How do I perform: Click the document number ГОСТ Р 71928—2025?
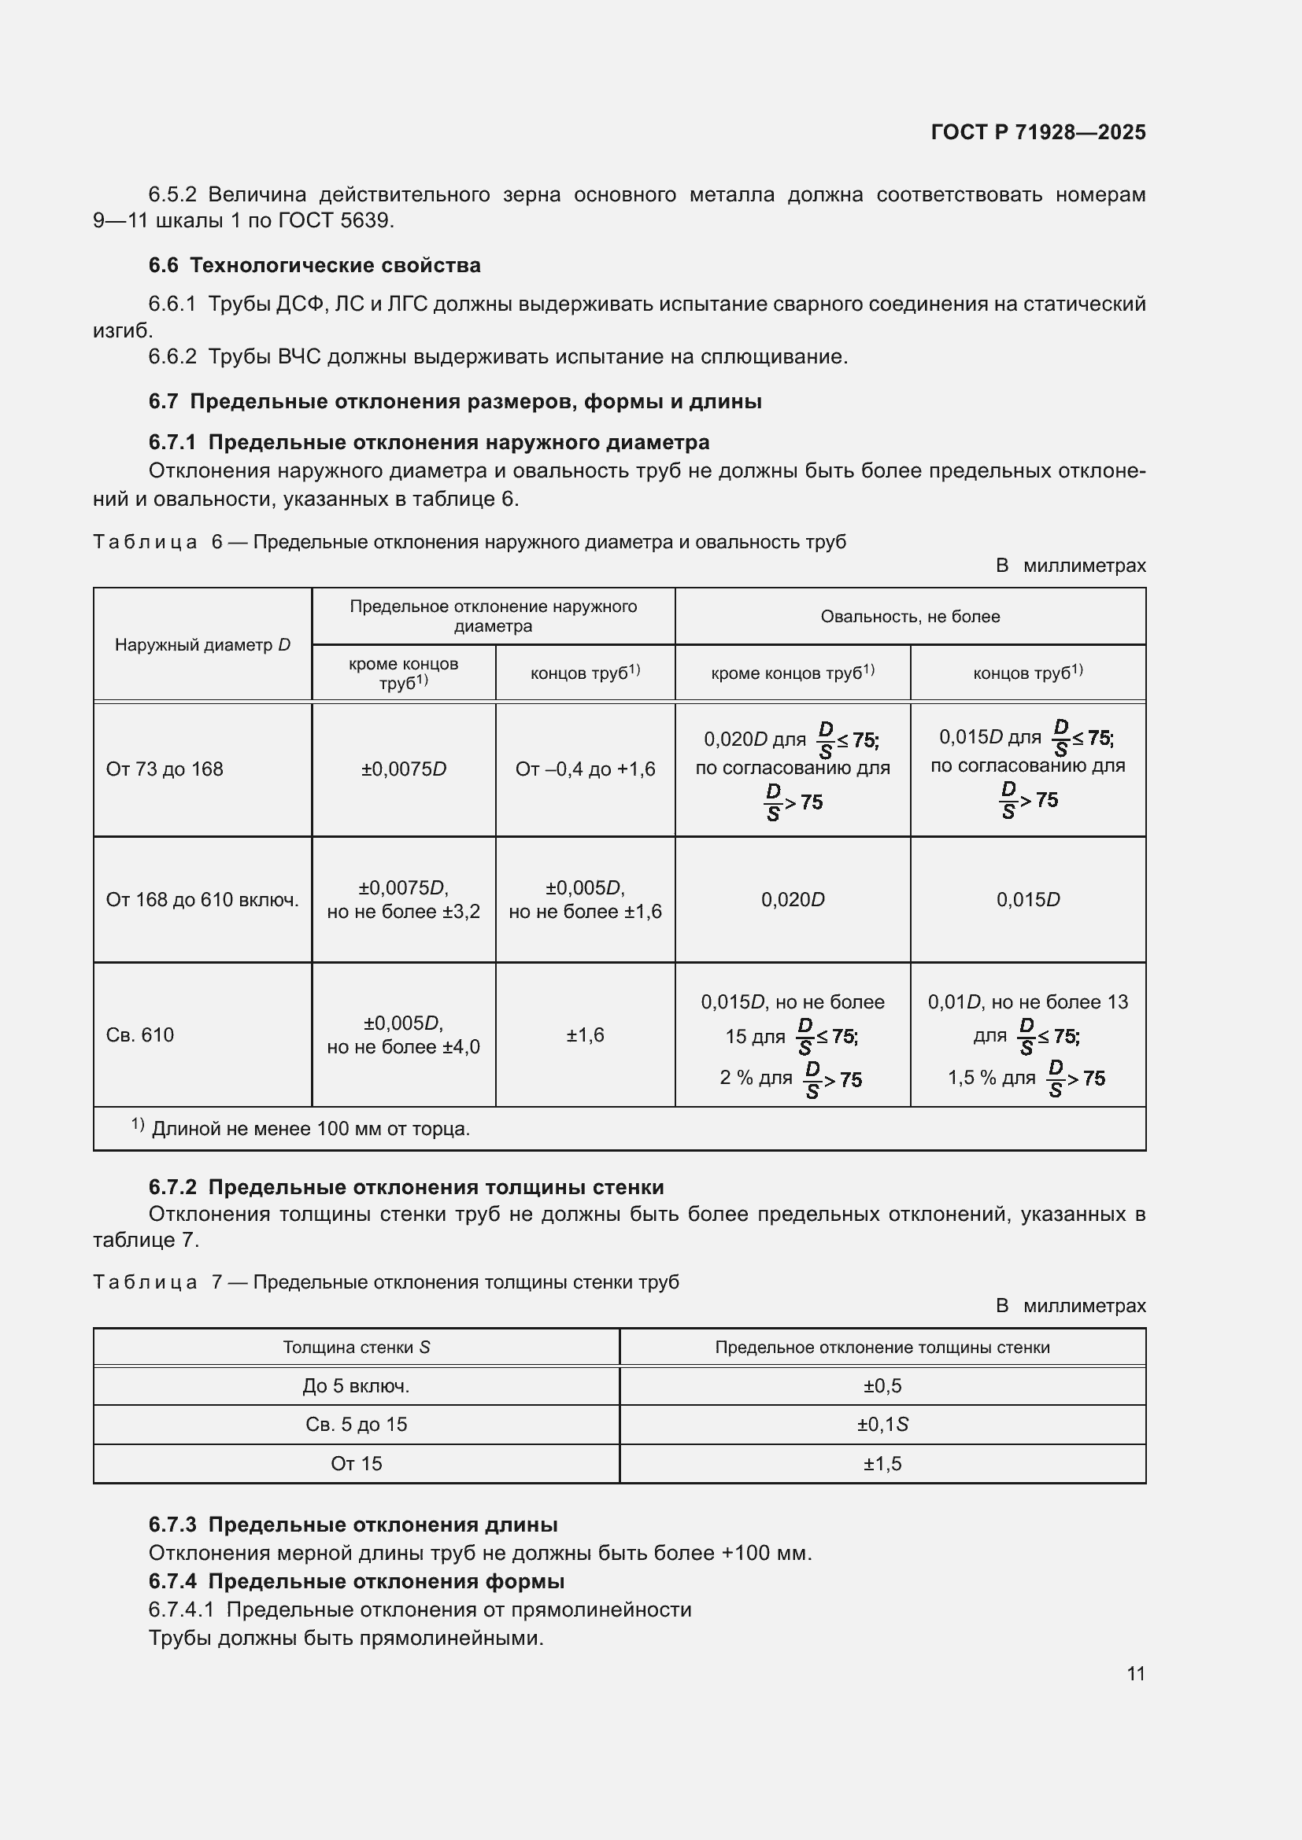1038,132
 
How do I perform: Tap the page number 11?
1135,1673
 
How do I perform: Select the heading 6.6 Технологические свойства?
314,265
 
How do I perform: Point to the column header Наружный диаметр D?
202,644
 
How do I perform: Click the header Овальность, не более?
909,616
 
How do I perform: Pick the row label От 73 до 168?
165,769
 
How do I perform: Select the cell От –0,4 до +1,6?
584,769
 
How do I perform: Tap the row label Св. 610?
139,1034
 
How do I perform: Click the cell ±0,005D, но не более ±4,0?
403,1034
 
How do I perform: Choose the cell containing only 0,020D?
792,899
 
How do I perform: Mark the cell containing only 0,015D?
1028,899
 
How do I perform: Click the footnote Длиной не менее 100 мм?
310,1128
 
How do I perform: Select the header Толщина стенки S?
356,1347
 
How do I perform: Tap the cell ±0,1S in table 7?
882,1424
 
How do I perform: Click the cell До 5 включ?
356,1385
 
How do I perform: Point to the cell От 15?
356,1463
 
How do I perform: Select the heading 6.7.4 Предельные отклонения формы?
356,1581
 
